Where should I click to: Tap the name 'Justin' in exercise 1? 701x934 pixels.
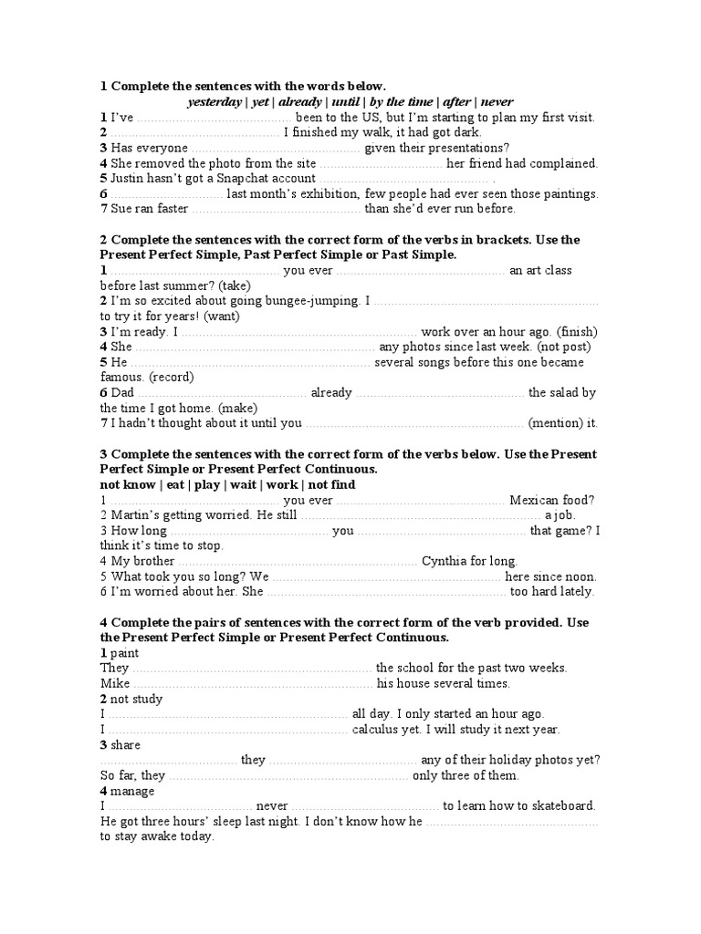tap(129, 179)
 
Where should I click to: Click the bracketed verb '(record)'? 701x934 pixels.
tap(172, 377)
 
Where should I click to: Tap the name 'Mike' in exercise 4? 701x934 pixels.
tap(115, 683)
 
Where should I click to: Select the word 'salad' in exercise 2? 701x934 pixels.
tap(566, 392)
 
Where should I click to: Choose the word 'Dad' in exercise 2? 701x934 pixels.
tap(122, 392)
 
